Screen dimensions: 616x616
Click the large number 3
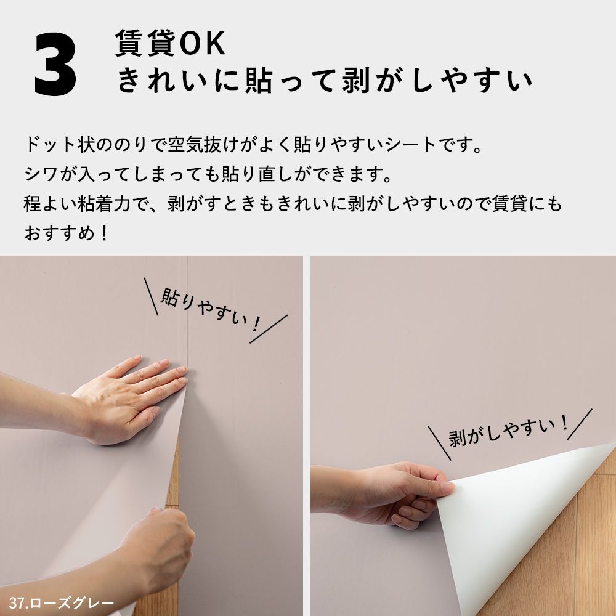pyautogui.click(x=56, y=65)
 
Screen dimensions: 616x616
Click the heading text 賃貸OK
pyautogui.click(x=171, y=44)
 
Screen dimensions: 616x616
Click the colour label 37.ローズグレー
pyautogui.click(x=62, y=602)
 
